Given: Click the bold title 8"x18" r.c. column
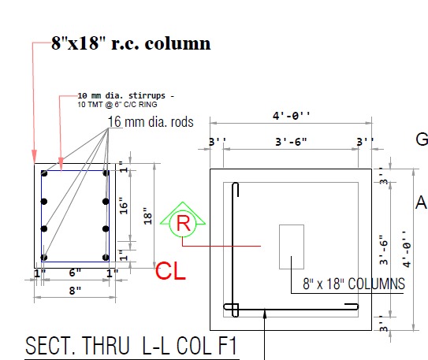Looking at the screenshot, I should tap(132, 43).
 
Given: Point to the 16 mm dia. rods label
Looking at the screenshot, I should tap(151, 121).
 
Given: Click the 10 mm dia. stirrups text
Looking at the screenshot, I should tap(128, 95).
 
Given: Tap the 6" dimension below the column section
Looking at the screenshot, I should tap(75, 273).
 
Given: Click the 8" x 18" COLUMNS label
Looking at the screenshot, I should tap(354, 283).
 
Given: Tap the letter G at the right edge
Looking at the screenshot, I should tap(422, 139).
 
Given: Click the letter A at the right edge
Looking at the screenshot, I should tap(421, 203).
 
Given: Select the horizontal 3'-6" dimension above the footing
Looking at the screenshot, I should tap(292, 143).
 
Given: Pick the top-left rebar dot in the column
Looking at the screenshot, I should tap(45, 176).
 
